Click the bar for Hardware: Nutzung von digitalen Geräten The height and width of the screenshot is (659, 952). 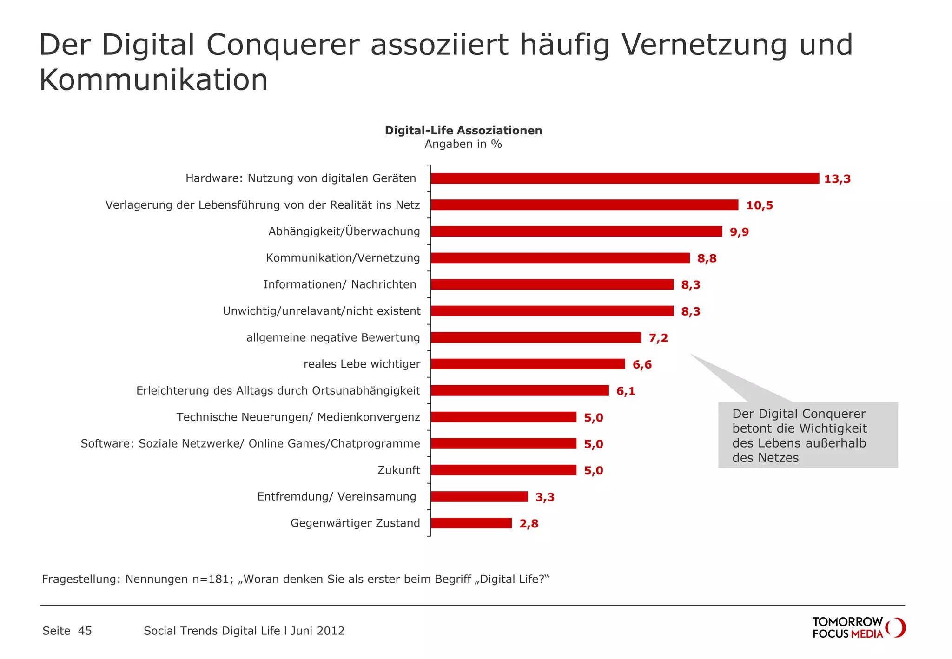pos(625,178)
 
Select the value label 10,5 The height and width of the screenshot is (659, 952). pos(760,205)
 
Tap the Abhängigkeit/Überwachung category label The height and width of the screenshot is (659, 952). pos(344,231)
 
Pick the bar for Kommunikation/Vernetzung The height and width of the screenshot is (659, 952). pos(560,258)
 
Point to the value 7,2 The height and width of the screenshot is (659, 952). pos(658,338)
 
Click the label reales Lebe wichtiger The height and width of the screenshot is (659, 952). pos(362,364)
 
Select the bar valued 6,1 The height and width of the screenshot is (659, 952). pos(520,391)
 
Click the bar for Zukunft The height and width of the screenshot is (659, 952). pos(503,470)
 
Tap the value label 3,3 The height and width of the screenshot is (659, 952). pos(545,497)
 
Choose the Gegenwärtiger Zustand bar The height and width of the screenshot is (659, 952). pos(471,523)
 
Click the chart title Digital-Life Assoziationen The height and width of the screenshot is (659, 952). pos(463,131)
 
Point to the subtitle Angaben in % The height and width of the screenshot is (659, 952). pos(463,144)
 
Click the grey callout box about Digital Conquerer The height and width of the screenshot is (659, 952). pos(808,435)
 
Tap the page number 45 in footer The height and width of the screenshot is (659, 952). pos(85,631)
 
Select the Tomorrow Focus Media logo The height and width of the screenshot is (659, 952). pos(858,627)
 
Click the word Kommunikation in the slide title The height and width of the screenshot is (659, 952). pos(154,80)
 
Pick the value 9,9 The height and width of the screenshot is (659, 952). pos(739,232)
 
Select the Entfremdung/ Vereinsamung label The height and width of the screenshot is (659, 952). pos(337,497)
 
